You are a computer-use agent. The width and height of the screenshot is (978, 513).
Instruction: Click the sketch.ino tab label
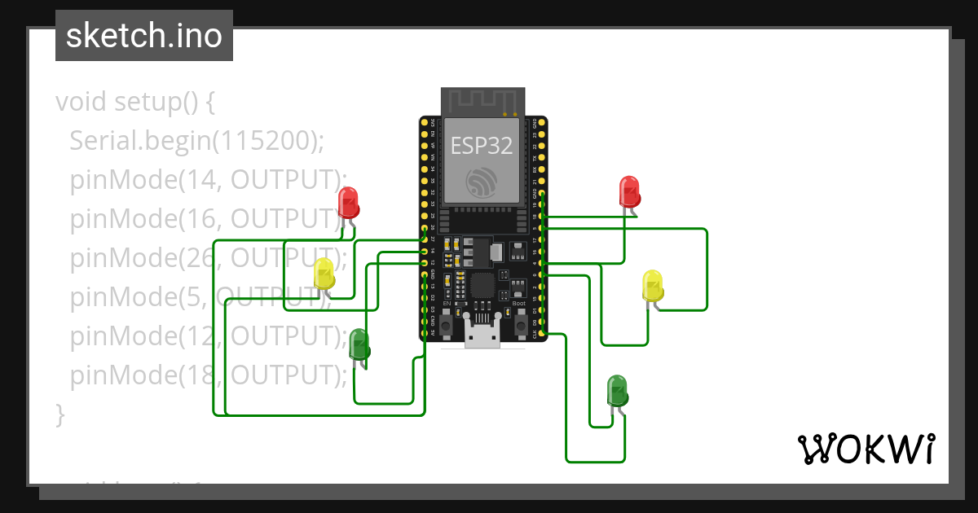coord(143,36)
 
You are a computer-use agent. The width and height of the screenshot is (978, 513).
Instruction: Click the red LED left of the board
coord(348,203)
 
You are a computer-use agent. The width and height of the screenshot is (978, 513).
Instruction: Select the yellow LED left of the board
coord(324,274)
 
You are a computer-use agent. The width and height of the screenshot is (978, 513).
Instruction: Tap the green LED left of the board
coord(359,344)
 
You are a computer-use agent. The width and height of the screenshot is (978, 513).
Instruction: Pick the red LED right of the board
coord(629,191)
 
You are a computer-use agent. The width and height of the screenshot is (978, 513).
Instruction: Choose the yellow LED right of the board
coord(653,286)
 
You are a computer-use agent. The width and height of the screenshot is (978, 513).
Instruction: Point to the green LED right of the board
coord(617,391)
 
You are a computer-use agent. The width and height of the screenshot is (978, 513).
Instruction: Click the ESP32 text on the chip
coord(482,145)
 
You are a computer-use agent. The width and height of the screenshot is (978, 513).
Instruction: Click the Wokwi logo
coord(866,449)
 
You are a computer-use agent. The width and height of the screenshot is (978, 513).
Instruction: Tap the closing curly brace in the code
coord(59,414)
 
